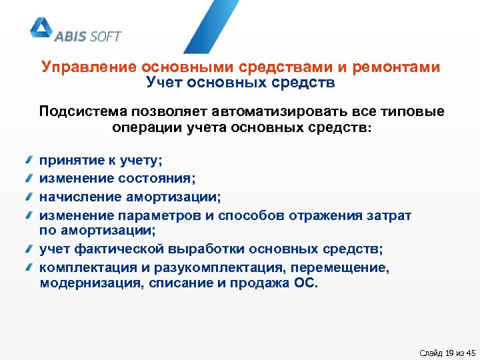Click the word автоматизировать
pos(281,111)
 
